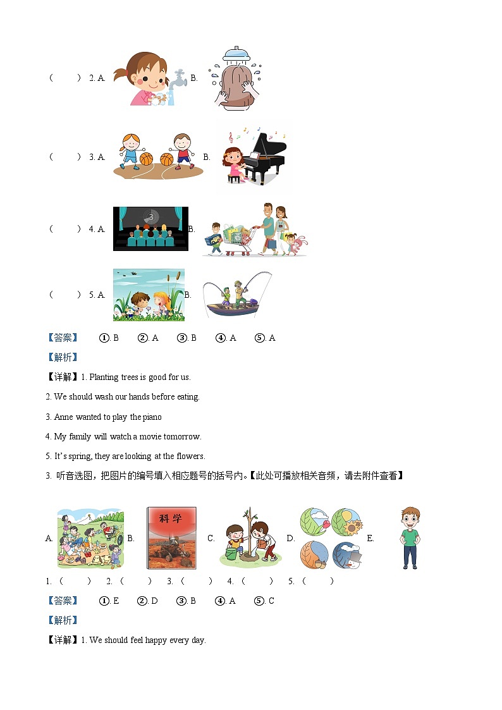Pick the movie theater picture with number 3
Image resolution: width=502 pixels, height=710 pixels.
point(150,228)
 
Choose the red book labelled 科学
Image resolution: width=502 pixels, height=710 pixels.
point(171,538)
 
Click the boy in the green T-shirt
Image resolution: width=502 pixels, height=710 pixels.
point(410,537)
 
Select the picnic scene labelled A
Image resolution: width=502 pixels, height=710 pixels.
point(90,538)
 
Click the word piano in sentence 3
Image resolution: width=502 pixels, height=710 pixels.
point(152,417)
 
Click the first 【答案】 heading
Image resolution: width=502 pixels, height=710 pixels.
point(63,338)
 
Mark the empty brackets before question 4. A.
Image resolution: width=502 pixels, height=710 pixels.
point(65,229)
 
